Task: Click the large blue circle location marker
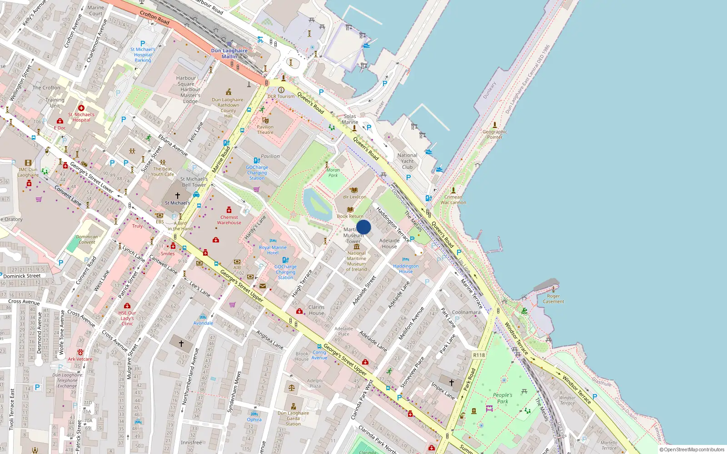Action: point(363,227)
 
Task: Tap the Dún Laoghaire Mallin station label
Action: point(229,54)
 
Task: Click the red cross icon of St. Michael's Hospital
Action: point(81,108)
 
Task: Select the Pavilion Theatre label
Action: point(265,130)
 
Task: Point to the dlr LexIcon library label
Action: point(354,197)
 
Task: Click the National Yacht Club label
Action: point(408,161)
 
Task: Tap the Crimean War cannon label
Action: point(453,200)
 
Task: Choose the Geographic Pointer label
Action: point(495,134)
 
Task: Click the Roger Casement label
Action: point(553,299)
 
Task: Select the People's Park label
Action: point(503,398)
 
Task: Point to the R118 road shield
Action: point(479,355)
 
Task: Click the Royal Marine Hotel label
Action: point(273,250)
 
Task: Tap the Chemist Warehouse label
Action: point(229,220)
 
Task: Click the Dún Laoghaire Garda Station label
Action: point(293,419)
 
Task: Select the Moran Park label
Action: point(333,173)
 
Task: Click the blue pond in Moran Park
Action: point(318,204)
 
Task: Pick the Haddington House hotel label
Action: point(406,269)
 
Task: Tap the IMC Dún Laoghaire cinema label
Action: point(28,172)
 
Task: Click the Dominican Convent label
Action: point(87,239)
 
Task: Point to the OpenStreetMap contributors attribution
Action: point(692,450)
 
